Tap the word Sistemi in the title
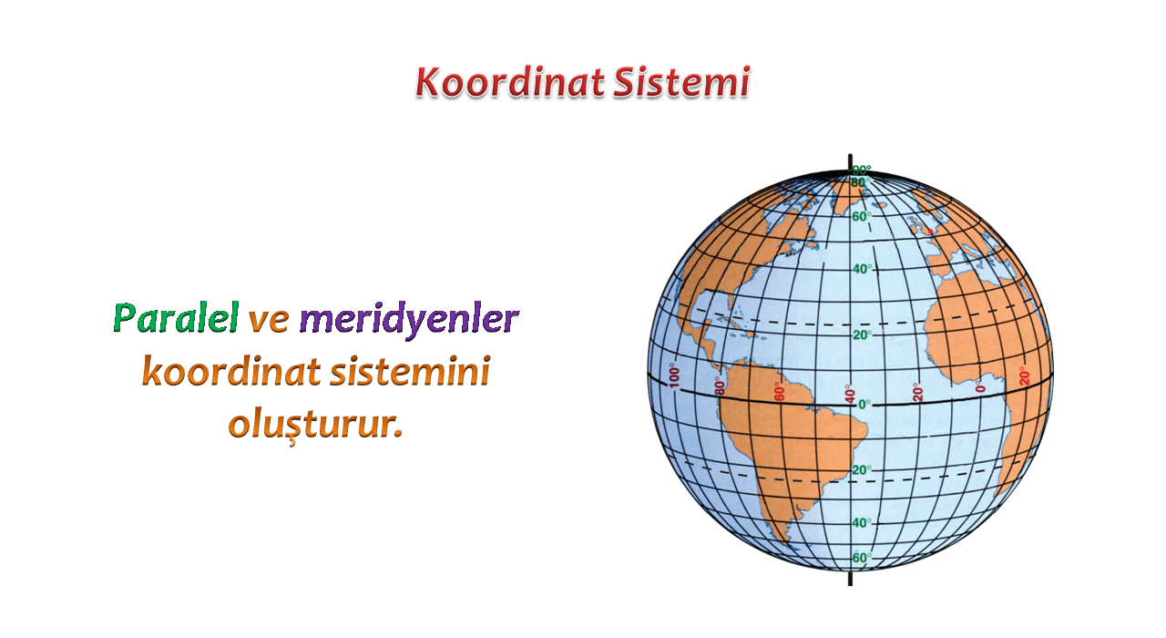681,82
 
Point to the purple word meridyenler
409,320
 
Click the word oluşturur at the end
315,426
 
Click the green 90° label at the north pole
862,170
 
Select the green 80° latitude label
859,182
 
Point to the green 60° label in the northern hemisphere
862,216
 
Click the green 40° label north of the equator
862,269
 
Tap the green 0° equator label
864,404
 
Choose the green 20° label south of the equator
862,469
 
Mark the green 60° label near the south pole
862,557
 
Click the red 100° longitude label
674,376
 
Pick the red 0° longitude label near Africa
979,386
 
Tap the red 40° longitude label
850,395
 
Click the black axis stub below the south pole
850,578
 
